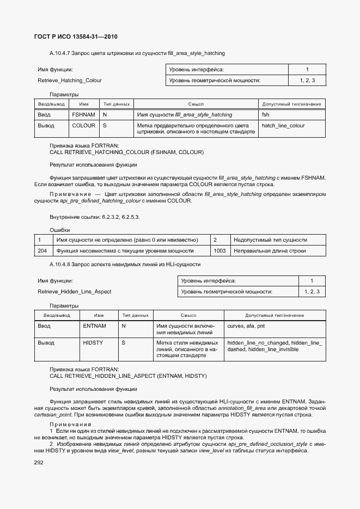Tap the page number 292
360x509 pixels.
point(39,462)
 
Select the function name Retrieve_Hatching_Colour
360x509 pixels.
point(69,81)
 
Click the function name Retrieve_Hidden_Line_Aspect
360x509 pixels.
point(74,292)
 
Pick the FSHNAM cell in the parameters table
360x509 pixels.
point(83,115)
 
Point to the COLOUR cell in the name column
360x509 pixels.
point(83,126)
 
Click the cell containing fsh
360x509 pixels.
point(266,115)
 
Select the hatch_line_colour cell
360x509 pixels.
point(283,126)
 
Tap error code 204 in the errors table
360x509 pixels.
point(42,251)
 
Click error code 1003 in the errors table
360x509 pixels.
point(219,251)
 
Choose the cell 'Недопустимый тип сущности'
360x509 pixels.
point(270,240)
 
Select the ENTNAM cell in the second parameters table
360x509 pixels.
point(94,326)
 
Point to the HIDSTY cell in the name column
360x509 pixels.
point(94,343)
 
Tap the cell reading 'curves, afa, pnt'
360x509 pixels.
point(246,326)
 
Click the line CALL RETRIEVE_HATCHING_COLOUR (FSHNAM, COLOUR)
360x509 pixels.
point(126,152)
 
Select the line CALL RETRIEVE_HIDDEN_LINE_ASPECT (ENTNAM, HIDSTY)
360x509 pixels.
point(128,376)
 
